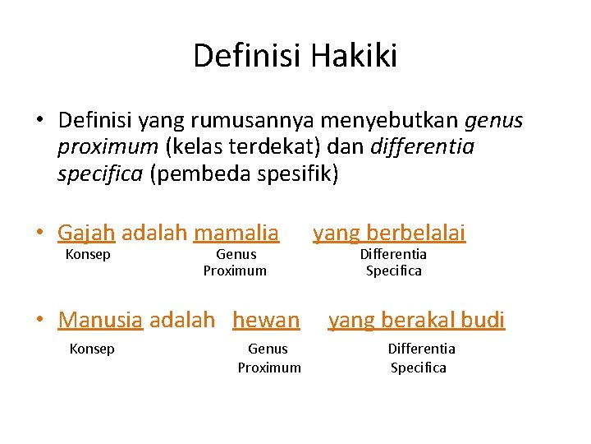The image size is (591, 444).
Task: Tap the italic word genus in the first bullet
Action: pyautogui.click(x=493, y=121)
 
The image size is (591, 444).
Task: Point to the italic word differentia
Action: pyautogui.click(x=422, y=147)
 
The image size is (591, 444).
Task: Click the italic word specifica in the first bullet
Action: pyautogui.click(x=101, y=174)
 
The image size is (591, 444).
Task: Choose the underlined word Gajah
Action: pyautogui.click(x=86, y=233)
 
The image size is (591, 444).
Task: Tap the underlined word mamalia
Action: pyautogui.click(x=236, y=233)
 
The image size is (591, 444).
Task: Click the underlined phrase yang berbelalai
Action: pyautogui.click(x=389, y=233)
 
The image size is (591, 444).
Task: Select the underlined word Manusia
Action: pyautogui.click(x=101, y=319)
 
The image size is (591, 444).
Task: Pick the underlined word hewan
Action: pyautogui.click(x=266, y=319)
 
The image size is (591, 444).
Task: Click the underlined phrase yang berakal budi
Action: pyautogui.click(x=416, y=319)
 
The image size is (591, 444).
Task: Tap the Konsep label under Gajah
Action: pyautogui.click(x=87, y=254)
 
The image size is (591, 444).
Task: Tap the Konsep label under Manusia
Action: pyautogui.click(x=92, y=349)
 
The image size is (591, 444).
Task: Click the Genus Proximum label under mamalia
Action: pyautogui.click(x=236, y=262)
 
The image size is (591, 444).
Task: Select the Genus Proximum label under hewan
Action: pyautogui.click(x=269, y=358)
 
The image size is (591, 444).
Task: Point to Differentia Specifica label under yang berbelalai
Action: pyautogui.click(x=393, y=262)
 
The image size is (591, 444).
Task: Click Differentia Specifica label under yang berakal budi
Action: pyautogui.click(x=420, y=358)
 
